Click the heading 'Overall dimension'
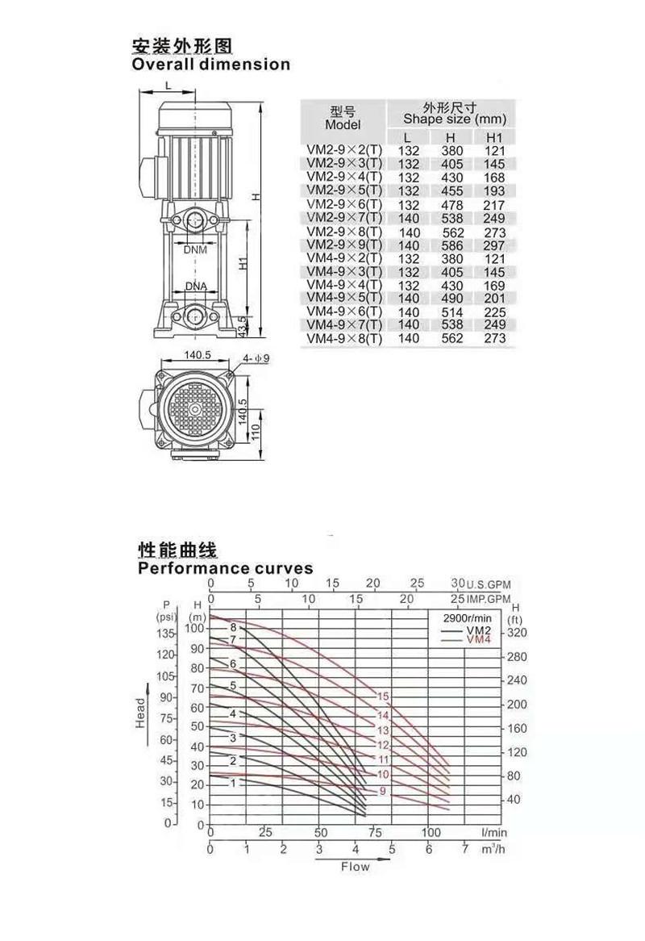coord(211,65)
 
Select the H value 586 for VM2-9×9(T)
coord(452,245)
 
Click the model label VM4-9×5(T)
coord(344,299)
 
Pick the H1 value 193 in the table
coord(494,190)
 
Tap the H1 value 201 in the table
coord(494,299)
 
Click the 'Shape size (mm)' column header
coord(455,119)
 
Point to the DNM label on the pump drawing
coord(195,249)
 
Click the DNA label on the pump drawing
coord(196,286)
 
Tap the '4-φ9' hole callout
coord(256,359)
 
